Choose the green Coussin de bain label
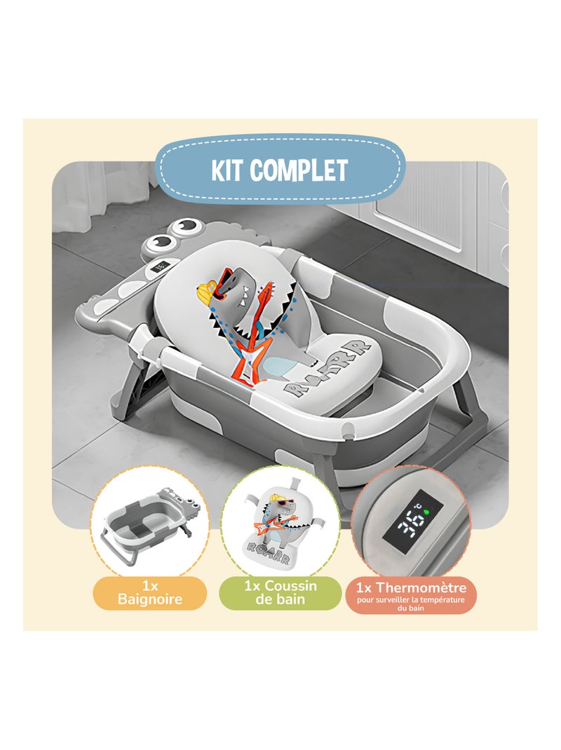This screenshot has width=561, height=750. click(280, 594)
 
